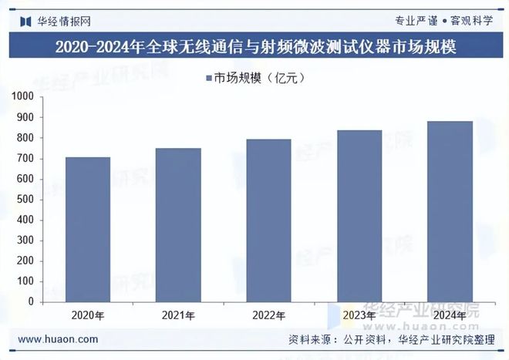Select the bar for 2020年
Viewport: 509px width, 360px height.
pyautogui.click(x=87, y=230)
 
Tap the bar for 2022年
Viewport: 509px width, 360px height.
pyautogui.click(x=268, y=220)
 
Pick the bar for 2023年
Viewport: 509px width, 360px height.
pyautogui.click(x=359, y=216)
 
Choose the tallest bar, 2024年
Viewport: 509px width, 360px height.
pyautogui.click(x=450, y=211)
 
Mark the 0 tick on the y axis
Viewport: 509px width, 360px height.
pyautogui.click(x=31, y=302)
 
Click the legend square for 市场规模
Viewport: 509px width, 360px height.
pyautogui.click(x=208, y=77)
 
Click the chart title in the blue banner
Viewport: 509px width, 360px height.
pyautogui.click(x=254, y=48)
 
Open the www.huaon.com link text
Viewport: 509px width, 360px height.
pyautogui.click(x=58, y=339)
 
